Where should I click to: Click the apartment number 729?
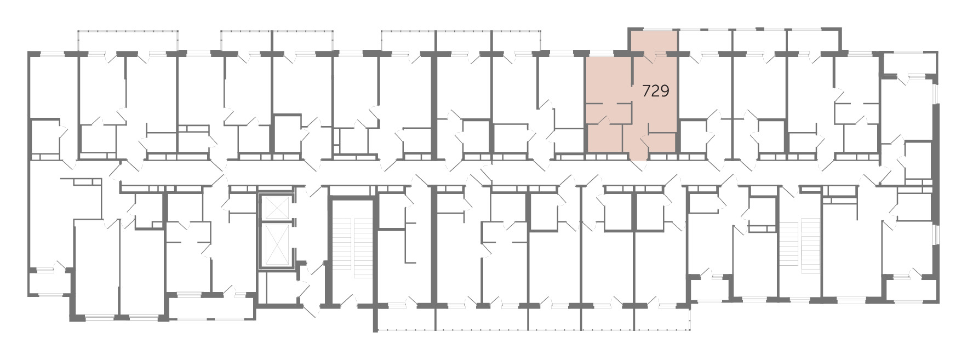pos(655,91)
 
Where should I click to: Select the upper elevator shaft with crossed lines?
pos(276,208)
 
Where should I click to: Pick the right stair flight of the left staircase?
pos(363,248)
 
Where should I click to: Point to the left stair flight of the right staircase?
pos(788,242)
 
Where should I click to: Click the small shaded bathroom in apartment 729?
pos(605,138)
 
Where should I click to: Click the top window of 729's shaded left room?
pos(600,54)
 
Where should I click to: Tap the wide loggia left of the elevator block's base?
pos(211,307)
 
